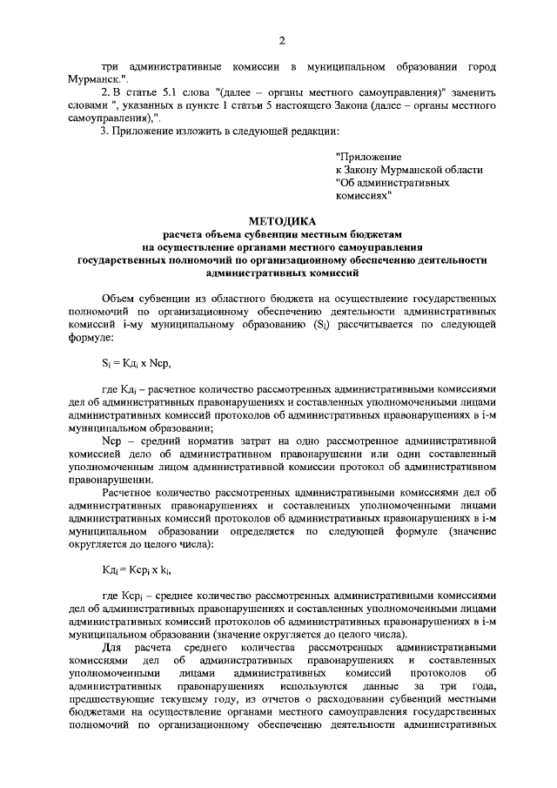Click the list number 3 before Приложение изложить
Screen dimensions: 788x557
point(104,131)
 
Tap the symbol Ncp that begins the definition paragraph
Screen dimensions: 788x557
point(111,441)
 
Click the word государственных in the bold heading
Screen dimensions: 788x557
point(126,259)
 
